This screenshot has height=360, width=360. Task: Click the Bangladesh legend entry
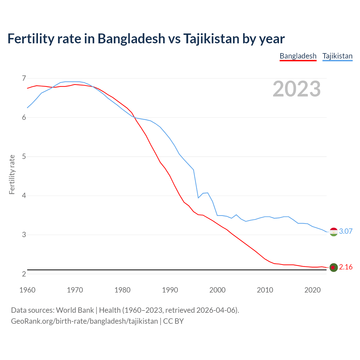(298, 56)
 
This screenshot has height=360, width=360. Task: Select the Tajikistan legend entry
(337, 56)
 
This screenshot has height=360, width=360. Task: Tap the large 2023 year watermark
(296, 89)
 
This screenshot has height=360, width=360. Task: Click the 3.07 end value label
(346, 231)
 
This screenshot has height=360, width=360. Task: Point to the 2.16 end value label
(346, 267)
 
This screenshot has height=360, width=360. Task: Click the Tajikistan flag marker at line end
(334, 232)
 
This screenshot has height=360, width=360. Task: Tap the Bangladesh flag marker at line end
(334, 267)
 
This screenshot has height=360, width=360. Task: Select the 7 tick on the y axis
(24, 78)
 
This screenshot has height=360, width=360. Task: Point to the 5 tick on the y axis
(24, 156)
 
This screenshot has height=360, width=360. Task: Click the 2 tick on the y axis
(24, 274)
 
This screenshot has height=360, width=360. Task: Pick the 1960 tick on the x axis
(27, 290)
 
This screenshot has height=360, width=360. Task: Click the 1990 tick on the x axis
(170, 290)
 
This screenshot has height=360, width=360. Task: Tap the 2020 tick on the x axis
(312, 290)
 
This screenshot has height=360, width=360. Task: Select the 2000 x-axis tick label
(217, 290)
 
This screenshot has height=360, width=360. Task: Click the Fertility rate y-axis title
(12, 174)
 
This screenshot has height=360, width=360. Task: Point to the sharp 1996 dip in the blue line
(198, 198)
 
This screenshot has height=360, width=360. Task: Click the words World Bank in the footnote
(75, 310)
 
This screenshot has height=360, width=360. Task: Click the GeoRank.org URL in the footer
(84, 321)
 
